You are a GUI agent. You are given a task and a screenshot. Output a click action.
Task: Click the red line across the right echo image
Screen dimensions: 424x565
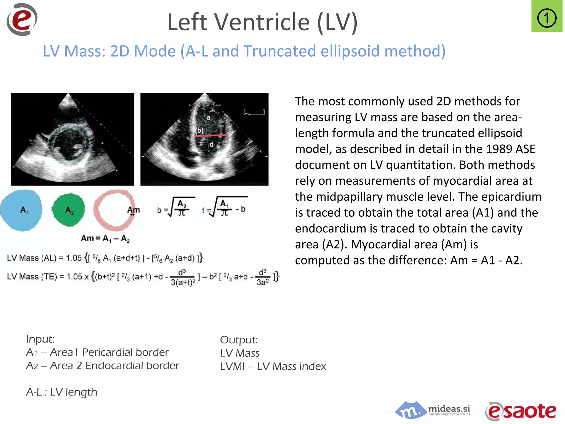(x=211, y=135)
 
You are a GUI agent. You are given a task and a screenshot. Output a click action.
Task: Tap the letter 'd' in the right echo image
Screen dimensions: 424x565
(x=211, y=144)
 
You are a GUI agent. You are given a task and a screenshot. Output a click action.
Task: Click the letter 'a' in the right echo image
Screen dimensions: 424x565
(x=208, y=118)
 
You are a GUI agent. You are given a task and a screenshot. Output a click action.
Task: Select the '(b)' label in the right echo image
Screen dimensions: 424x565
(x=199, y=130)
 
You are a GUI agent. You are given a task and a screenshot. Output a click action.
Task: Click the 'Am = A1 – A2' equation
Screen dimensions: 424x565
(x=105, y=238)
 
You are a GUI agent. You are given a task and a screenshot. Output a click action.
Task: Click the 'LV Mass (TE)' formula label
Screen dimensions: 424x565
(x=32, y=277)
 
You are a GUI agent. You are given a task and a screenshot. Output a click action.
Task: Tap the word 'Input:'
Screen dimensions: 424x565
(x=40, y=339)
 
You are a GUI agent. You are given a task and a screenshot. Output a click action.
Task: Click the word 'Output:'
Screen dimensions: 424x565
(x=239, y=340)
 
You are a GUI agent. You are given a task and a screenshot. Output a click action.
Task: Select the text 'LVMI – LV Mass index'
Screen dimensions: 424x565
(x=273, y=366)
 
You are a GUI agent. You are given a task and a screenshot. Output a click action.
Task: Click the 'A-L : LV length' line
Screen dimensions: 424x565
(x=62, y=392)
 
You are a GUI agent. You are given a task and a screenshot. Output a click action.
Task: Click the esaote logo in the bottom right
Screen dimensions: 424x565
(x=521, y=411)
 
